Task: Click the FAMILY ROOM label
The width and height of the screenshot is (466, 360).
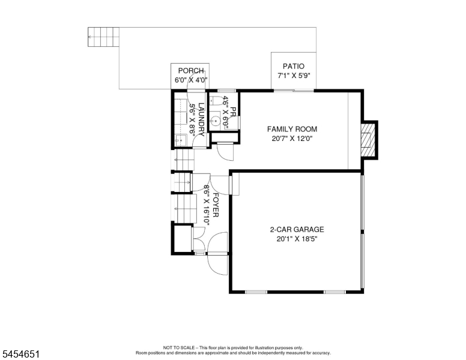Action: click(x=292, y=129)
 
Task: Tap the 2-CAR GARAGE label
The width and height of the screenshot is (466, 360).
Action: click(x=297, y=229)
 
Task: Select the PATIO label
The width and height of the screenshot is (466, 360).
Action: click(x=293, y=66)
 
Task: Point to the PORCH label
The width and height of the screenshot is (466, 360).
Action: click(x=191, y=71)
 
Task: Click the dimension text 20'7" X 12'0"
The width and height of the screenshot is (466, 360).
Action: click(x=292, y=139)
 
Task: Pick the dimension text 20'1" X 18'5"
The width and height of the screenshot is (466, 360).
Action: click(x=297, y=239)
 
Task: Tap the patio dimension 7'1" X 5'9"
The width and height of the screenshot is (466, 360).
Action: click(x=294, y=76)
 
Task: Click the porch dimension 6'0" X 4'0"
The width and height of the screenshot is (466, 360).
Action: click(x=191, y=80)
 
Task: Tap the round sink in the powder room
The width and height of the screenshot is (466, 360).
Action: click(x=214, y=121)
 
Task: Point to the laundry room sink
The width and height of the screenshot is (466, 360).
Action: click(x=180, y=140)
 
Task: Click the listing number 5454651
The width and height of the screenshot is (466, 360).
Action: click(x=21, y=354)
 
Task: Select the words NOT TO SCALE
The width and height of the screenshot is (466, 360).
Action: click(x=178, y=347)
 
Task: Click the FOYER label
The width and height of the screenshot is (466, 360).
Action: click(x=216, y=205)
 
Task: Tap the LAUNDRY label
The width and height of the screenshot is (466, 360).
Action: click(x=201, y=119)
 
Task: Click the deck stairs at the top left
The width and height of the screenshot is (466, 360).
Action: click(x=103, y=37)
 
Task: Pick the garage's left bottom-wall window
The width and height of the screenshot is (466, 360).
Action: click(x=256, y=292)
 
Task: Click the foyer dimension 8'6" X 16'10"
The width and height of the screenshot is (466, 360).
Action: click(x=206, y=205)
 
